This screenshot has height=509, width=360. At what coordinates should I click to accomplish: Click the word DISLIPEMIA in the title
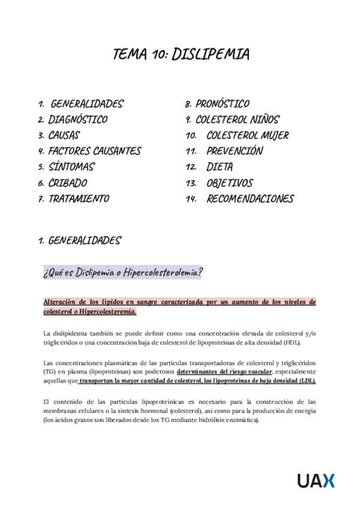click(210, 55)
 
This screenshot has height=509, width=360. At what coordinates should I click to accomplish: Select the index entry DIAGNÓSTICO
click(78, 119)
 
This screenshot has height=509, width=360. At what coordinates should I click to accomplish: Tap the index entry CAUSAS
click(64, 135)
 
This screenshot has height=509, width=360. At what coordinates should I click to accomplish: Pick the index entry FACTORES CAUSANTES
click(94, 151)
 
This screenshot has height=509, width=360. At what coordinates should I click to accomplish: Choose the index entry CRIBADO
click(67, 182)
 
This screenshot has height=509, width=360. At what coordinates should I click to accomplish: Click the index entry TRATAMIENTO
click(79, 199)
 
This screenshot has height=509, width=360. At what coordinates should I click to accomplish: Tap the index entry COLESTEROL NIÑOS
click(237, 119)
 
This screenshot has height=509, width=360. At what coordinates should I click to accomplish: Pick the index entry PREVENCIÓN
click(235, 151)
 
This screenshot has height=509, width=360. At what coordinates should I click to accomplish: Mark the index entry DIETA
click(220, 167)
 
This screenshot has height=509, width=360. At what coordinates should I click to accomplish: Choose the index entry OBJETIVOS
click(230, 182)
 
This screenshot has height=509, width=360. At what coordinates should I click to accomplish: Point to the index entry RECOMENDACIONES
click(250, 199)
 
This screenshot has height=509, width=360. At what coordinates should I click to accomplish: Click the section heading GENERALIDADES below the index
click(84, 241)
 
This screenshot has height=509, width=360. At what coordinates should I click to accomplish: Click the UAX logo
click(316, 480)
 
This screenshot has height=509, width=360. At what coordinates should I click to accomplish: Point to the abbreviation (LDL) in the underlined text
click(305, 381)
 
